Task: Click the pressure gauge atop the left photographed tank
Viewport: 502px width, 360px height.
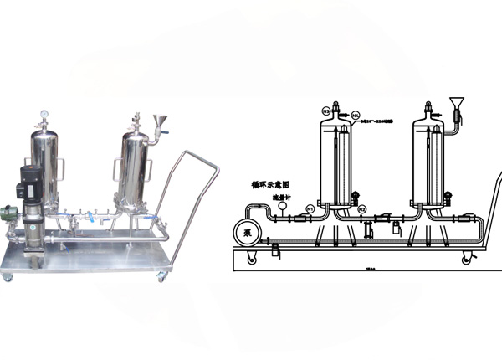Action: click(x=42, y=115)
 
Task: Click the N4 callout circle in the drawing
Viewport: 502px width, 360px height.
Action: click(x=356, y=114)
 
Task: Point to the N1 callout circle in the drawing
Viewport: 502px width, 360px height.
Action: click(x=309, y=208)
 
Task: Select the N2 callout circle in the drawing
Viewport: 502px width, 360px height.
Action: click(x=361, y=208)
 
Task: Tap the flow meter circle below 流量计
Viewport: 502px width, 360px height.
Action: click(x=283, y=207)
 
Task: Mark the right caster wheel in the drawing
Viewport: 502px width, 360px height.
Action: click(x=466, y=260)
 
